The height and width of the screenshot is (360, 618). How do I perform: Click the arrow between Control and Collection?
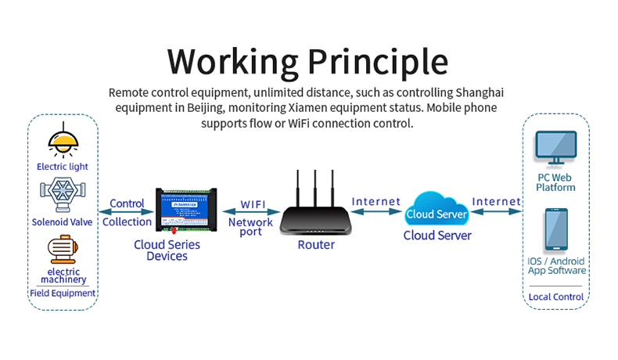point(126,211)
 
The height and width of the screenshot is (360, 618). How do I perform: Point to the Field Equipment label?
point(63,293)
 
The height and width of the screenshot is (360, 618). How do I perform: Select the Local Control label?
point(556,297)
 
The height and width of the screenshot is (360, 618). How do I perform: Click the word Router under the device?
point(316,245)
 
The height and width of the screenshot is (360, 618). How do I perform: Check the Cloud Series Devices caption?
point(167,250)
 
